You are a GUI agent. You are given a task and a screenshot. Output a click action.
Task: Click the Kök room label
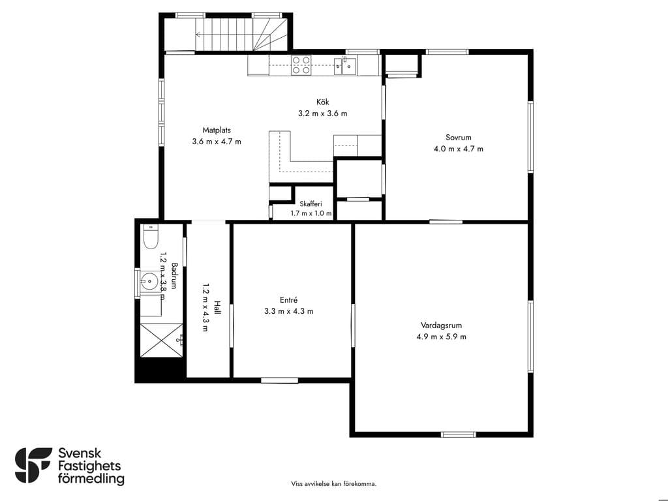(x=322, y=102)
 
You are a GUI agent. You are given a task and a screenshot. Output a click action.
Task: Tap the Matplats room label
(x=217, y=130)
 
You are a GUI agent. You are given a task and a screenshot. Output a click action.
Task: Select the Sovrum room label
(x=459, y=138)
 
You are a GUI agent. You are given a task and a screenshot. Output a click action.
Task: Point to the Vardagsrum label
(x=442, y=326)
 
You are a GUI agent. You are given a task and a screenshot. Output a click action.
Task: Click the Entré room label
(x=288, y=300)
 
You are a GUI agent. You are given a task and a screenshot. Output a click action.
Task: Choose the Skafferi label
(x=311, y=204)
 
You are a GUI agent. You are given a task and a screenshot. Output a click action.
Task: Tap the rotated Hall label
(x=217, y=308)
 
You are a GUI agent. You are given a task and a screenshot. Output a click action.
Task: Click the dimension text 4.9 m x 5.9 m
(x=442, y=337)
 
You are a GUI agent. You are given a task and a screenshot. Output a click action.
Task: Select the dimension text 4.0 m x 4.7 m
(x=459, y=149)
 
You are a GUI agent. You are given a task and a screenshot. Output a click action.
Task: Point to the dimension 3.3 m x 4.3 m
(x=288, y=311)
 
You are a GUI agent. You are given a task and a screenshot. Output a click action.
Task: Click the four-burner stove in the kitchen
(x=301, y=65)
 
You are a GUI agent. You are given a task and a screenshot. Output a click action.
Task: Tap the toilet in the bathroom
(x=151, y=236)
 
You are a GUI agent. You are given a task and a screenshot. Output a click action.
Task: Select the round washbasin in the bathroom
(x=149, y=281)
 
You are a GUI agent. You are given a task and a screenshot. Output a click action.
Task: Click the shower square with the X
(x=162, y=340)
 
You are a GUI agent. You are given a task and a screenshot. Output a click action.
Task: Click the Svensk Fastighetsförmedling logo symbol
(x=33, y=465)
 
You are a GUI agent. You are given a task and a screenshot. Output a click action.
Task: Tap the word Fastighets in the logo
(x=89, y=466)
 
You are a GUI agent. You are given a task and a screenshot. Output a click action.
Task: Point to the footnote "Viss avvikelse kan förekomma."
(x=333, y=484)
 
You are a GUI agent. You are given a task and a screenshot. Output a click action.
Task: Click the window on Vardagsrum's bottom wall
(x=458, y=434)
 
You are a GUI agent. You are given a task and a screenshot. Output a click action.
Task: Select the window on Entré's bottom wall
(x=279, y=380)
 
